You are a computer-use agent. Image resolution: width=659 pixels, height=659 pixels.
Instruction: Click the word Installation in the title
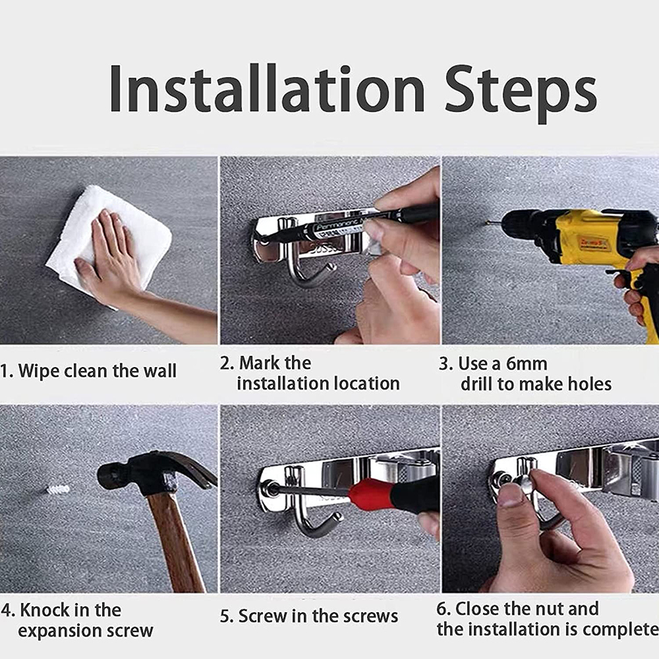[x=268, y=89]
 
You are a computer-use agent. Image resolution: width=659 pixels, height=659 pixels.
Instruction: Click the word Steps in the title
[x=521, y=94]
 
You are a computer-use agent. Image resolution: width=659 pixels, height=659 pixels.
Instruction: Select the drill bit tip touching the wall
[x=487, y=222]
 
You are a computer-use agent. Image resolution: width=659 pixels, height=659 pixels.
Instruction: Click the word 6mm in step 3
[x=526, y=364]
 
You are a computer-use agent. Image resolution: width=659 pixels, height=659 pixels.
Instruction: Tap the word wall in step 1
[x=160, y=370]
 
